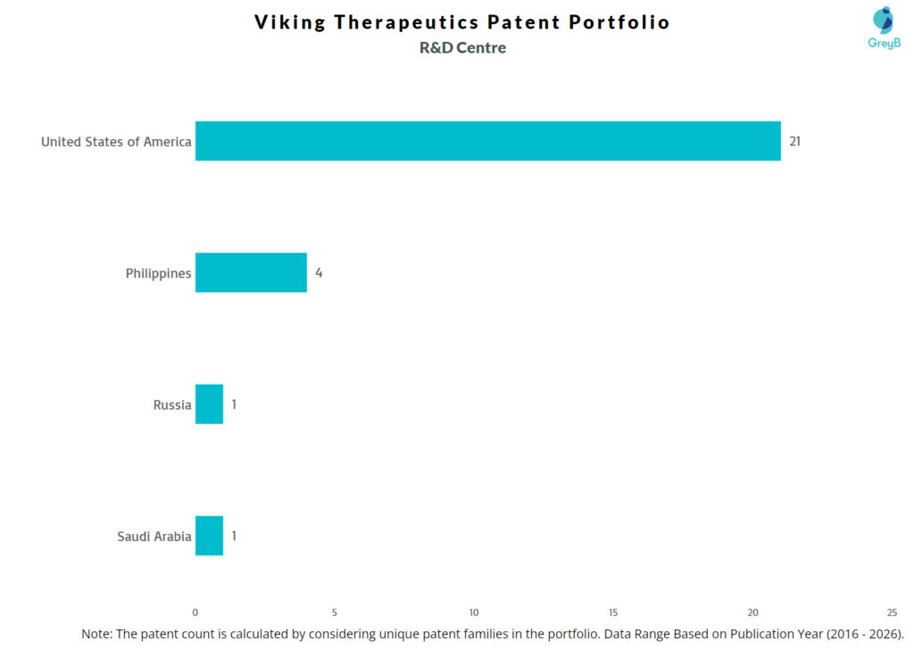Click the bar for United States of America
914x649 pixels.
pos(487,141)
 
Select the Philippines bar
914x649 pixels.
pos(251,272)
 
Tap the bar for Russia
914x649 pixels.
pos(209,404)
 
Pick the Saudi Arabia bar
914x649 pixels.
pos(209,536)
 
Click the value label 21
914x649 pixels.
pos(794,141)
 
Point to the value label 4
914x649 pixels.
pos(319,272)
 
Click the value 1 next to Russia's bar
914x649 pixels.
pos(234,404)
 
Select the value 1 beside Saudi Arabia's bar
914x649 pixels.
pos(234,536)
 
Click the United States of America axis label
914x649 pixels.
pos(116,141)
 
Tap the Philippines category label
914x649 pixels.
pos(158,273)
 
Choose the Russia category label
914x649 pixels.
pos(172,404)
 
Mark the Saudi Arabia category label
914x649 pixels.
pos(154,537)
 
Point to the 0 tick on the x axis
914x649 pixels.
pos(195,612)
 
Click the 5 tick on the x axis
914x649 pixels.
pos(335,612)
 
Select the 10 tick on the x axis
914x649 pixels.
pos(474,612)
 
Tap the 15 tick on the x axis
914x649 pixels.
pos(613,612)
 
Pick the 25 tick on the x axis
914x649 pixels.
pos(892,612)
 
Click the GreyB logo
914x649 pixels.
pos(884,27)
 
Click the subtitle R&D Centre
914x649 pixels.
pos(462,48)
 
